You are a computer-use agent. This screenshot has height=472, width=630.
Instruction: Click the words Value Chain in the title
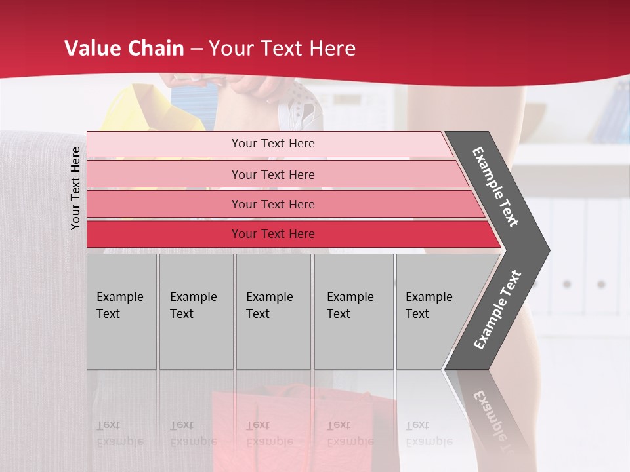[x=124, y=49]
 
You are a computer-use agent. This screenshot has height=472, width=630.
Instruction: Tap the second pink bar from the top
[x=273, y=174]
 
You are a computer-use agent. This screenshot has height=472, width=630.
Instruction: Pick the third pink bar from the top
[x=273, y=205]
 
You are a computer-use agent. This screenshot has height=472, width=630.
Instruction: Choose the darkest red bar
[x=273, y=234]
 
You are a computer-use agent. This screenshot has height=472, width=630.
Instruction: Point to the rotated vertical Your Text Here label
[x=75, y=188]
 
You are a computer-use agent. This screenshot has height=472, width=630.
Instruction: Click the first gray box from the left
[x=121, y=311]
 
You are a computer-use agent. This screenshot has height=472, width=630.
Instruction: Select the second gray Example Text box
[x=196, y=311]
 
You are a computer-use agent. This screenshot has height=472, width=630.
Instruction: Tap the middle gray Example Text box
[x=273, y=311]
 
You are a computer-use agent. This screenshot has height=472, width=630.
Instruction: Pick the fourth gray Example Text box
[x=353, y=311]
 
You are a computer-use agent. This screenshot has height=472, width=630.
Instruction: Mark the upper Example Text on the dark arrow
[x=495, y=187]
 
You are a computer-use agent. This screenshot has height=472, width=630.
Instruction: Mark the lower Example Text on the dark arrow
[x=497, y=310]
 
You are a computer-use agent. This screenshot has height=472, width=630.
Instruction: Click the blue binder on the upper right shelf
[x=614, y=115]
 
